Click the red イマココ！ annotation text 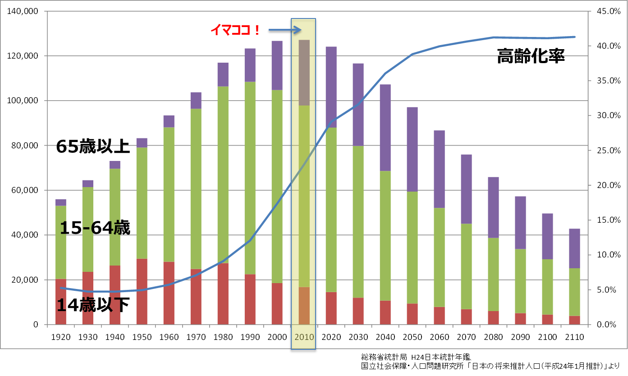pos(235,30)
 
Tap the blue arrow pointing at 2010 pos(284,30)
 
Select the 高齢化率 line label pos(531,57)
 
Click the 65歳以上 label pos(93,147)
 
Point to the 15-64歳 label pos(95,228)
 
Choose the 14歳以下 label pos(93,306)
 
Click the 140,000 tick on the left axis pos(23,11)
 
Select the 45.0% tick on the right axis pos(608,11)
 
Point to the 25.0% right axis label pos(608,151)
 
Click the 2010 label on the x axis pos(304,337)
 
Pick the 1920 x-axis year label pos(60,337)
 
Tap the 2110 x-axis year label pos(574,337)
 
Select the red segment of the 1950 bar pos(142,291)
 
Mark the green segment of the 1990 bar pos(250,178)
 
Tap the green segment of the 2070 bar pos(466,266)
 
